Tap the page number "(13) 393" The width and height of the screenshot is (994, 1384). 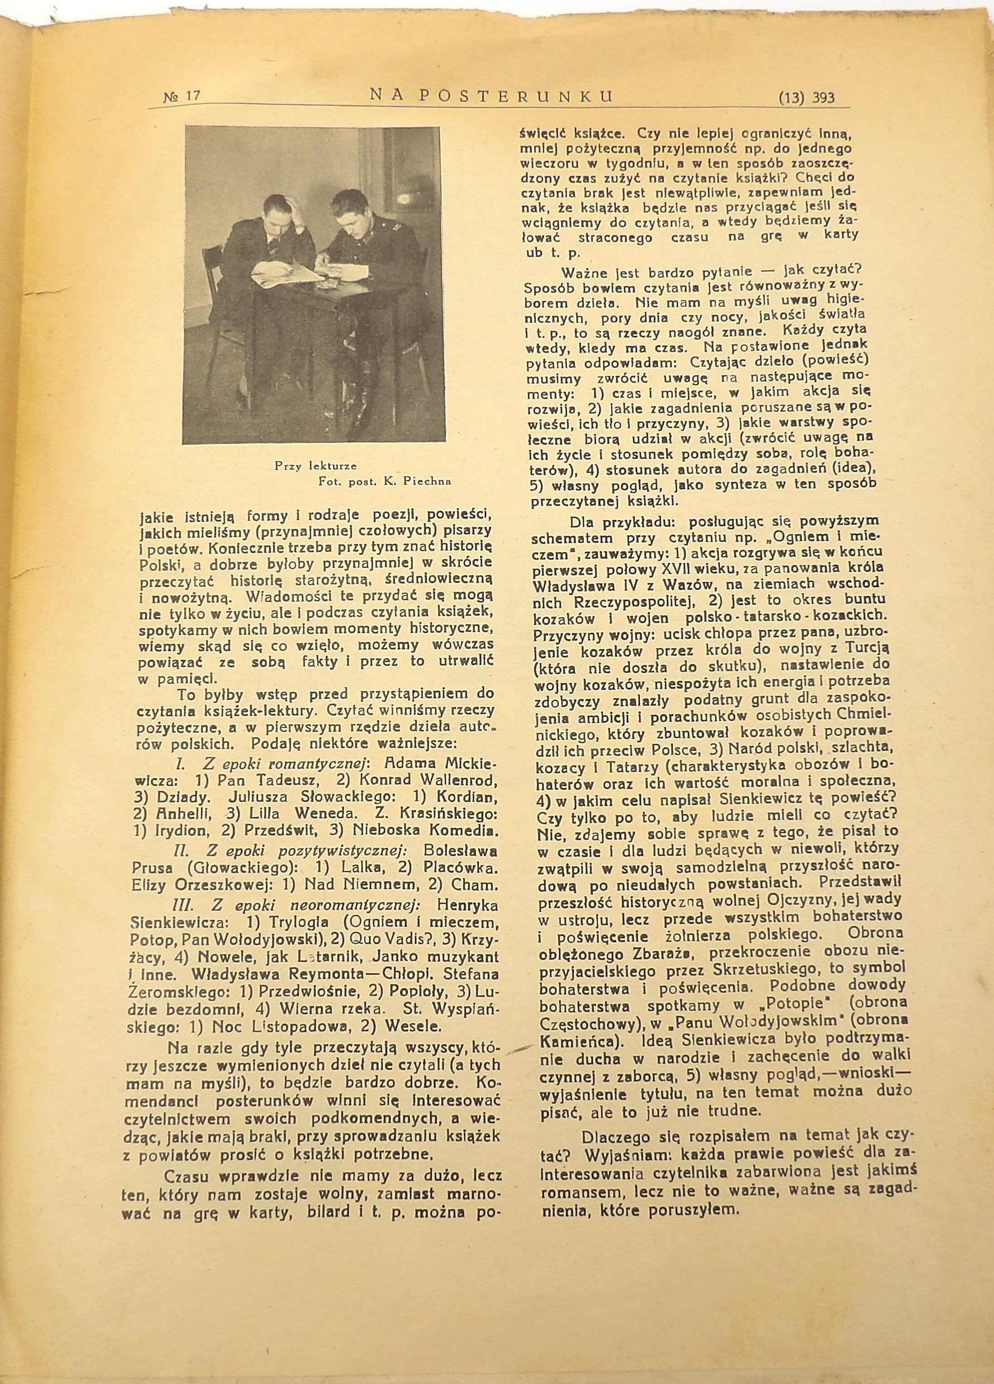806,98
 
